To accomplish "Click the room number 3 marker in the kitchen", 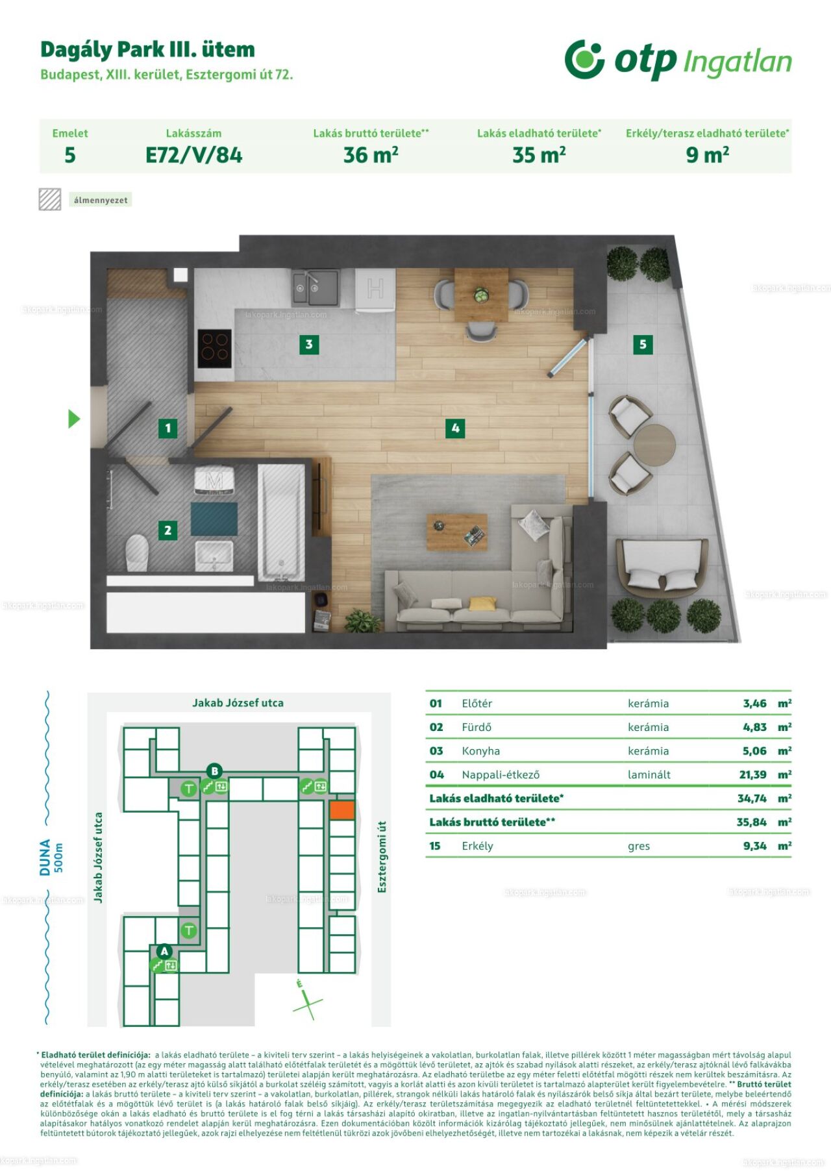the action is tap(309, 344).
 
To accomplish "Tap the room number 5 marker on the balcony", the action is tap(643, 344).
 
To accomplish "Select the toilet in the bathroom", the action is tap(137, 552).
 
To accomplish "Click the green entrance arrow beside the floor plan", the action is tap(74, 419).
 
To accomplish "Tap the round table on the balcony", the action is tap(654, 445).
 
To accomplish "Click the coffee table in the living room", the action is tap(457, 532).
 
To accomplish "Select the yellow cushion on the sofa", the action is tap(482, 604).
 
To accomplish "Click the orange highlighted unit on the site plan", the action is tap(342, 810).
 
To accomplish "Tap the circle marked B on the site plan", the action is tap(214, 771).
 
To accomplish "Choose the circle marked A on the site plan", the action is tap(164, 951).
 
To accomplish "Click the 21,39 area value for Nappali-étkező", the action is tap(752, 774).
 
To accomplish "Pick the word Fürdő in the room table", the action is tap(477, 727).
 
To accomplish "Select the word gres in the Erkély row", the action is tap(639, 847).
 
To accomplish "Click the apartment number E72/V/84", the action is tap(194, 155).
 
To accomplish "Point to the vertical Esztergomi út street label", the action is tap(382, 856).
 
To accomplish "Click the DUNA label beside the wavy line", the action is tap(45, 857).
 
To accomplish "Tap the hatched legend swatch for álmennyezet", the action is tap(50, 200).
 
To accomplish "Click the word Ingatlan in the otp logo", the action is tap(738, 62).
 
